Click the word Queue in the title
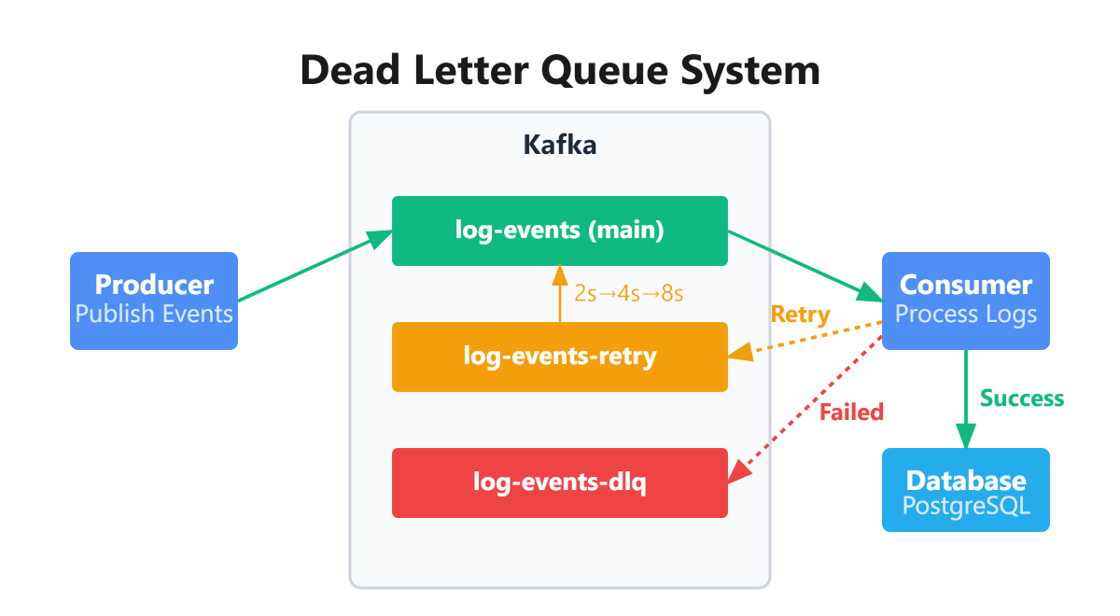tap(604, 72)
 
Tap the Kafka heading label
tap(559, 145)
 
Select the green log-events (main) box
tap(559, 231)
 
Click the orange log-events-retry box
tap(559, 357)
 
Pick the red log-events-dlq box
tap(559, 483)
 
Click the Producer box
tap(154, 301)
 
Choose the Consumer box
tap(966, 301)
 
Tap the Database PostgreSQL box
tap(966, 490)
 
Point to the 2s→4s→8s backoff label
tap(628, 293)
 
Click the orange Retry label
tap(801, 315)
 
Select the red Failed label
tap(851, 413)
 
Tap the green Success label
tap(1022, 399)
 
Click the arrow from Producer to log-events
tap(315, 266)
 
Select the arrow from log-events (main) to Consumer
tap(805, 267)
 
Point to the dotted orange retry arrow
tap(805, 340)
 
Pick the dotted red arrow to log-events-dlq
tap(805, 410)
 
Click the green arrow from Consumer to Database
tap(966, 399)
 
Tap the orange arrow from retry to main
tap(560, 293)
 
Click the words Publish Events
tap(154, 314)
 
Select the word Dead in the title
tap(350, 71)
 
